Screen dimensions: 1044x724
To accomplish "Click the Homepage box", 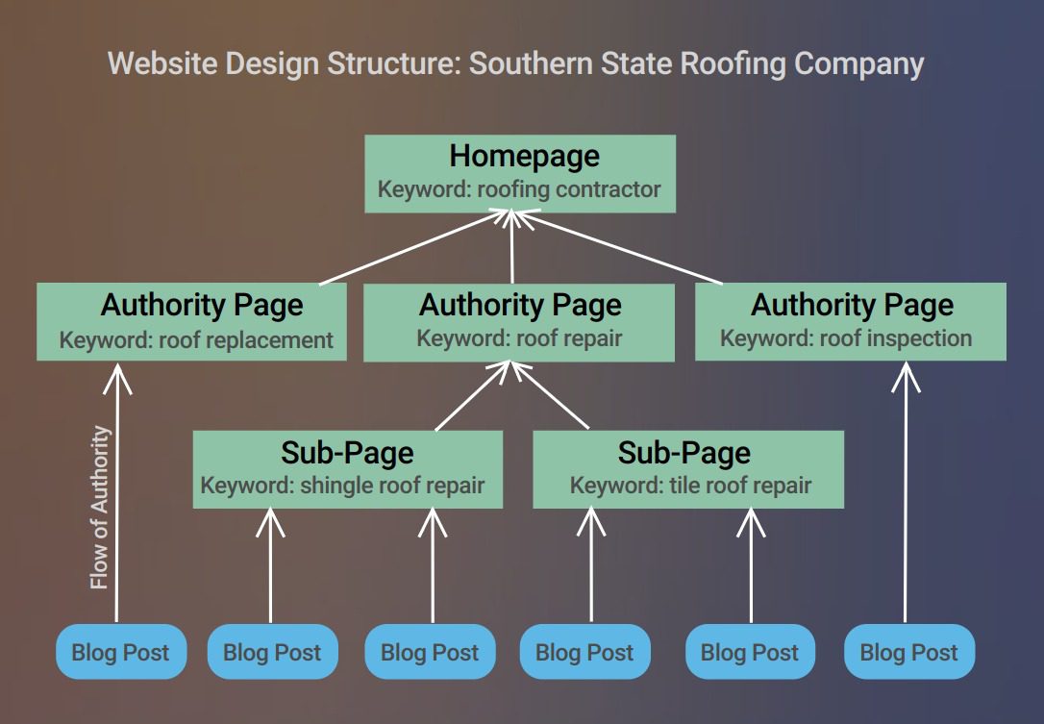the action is click(520, 174).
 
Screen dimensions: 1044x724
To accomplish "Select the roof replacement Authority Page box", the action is click(191, 322).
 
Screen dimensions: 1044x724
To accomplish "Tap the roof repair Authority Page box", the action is click(519, 323).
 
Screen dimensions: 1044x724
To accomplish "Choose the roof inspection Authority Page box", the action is click(850, 322).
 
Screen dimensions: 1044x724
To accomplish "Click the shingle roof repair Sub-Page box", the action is click(348, 469).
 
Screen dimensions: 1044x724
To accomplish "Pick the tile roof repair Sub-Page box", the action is click(688, 469).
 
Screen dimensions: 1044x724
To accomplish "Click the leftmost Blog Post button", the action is click(120, 651).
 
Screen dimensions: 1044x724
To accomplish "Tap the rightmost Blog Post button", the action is click(908, 651).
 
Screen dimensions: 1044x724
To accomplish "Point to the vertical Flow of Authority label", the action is click(100, 508).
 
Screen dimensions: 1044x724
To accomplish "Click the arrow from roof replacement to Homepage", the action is click(414, 247).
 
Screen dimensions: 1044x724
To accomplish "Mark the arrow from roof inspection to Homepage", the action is click(618, 247).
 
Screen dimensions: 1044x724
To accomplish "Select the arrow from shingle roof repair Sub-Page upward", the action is click(472, 396).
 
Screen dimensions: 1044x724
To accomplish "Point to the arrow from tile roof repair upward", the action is click(550, 395).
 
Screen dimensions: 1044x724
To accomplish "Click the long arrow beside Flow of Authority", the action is click(118, 492).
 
